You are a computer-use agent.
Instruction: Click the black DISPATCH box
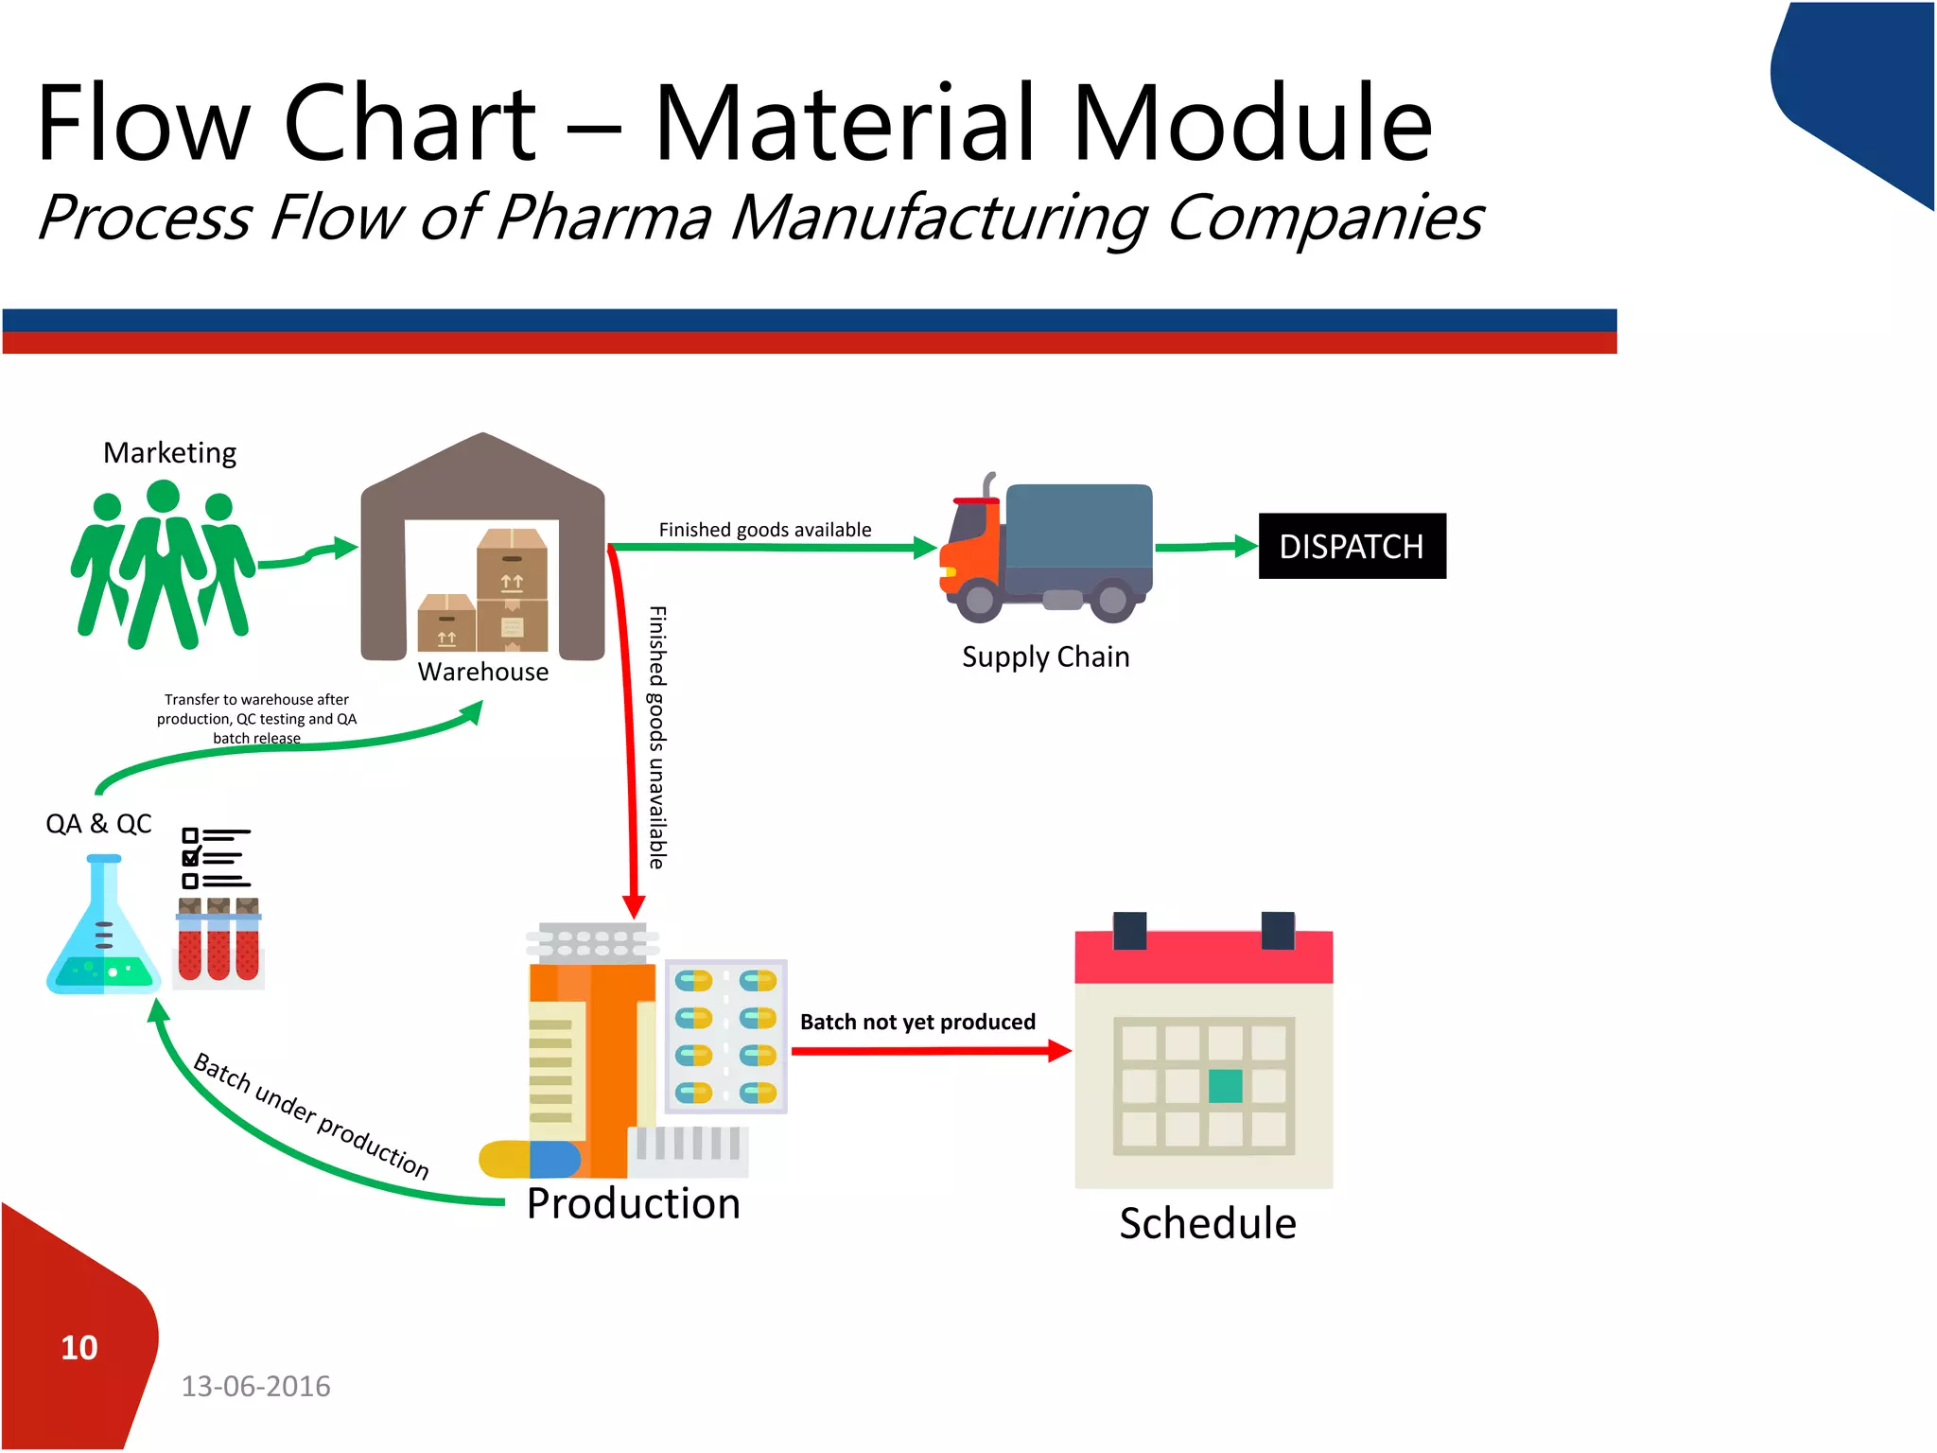[1352, 546]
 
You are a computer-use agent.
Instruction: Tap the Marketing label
[169, 453]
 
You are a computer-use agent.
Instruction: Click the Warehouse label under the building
[482, 672]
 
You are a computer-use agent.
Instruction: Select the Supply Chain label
[1045, 656]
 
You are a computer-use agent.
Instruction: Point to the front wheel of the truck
[979, 599]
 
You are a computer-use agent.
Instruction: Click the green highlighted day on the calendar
[1225, 1086]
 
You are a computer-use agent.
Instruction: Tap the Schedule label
[1207, 1223]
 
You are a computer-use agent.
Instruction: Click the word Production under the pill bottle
[633, 1203]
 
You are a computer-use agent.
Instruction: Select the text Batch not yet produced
[916, 1022]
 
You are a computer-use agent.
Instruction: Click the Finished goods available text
[764, 530]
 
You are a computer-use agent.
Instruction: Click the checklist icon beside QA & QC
[216, 858]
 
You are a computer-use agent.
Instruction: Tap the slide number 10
[79, 1347]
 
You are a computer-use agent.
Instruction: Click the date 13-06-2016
[255, 1386]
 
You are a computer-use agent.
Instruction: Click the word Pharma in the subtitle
[602, 218]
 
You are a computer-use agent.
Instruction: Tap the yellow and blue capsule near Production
[530, 1159]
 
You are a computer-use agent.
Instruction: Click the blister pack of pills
[725, 1036]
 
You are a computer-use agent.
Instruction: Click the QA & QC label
[98, 824]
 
